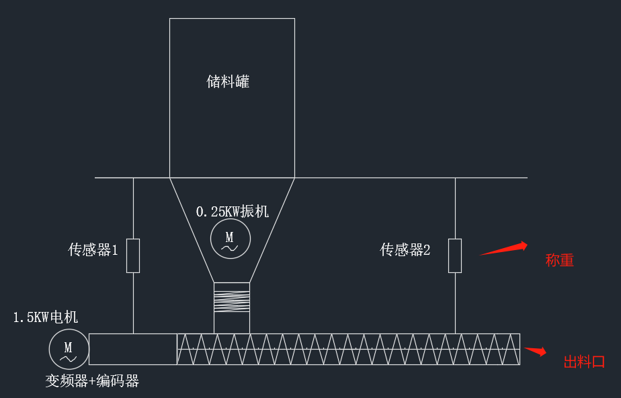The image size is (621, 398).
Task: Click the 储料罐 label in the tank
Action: point(228,82)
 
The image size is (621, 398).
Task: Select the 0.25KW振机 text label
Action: point(232,211)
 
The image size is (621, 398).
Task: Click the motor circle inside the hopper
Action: point(230,239)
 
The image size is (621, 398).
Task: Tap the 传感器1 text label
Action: point(93,250)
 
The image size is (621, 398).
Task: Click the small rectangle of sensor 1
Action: point(133,255)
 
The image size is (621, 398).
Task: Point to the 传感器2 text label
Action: point(405,250)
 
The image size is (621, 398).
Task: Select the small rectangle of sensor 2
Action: point(455,255)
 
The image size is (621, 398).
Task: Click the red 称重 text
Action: point(559,260)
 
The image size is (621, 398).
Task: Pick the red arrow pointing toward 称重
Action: point(503,249)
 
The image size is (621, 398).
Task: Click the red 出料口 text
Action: point(584,362)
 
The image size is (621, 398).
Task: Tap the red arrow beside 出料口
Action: point(535,350)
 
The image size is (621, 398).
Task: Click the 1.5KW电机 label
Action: point(46,317)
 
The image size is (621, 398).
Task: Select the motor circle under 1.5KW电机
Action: point(69,349)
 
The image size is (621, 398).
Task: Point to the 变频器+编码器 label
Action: point(92,381)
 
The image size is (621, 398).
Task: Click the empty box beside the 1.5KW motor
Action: point(133,349)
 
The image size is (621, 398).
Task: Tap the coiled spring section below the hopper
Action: point(231,297)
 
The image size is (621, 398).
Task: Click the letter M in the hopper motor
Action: point(229,237)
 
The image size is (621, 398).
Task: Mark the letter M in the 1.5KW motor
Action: point(68,346)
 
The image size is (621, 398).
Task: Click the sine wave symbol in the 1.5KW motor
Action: point(69,358)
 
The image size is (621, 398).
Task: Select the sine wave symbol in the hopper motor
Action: point(230,248)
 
